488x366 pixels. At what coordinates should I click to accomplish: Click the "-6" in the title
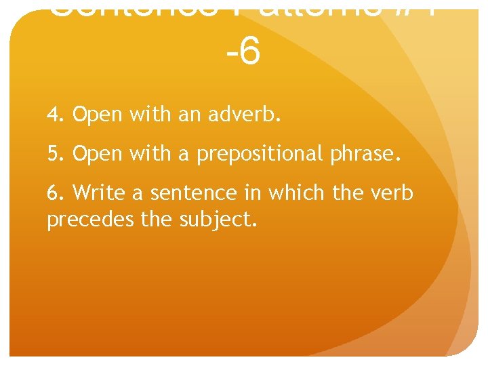click(x=243, y=52)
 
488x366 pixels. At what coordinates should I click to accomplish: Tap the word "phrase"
click(x=365, y=155)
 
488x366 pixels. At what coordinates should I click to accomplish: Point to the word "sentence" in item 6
click(x=174, y=194)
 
